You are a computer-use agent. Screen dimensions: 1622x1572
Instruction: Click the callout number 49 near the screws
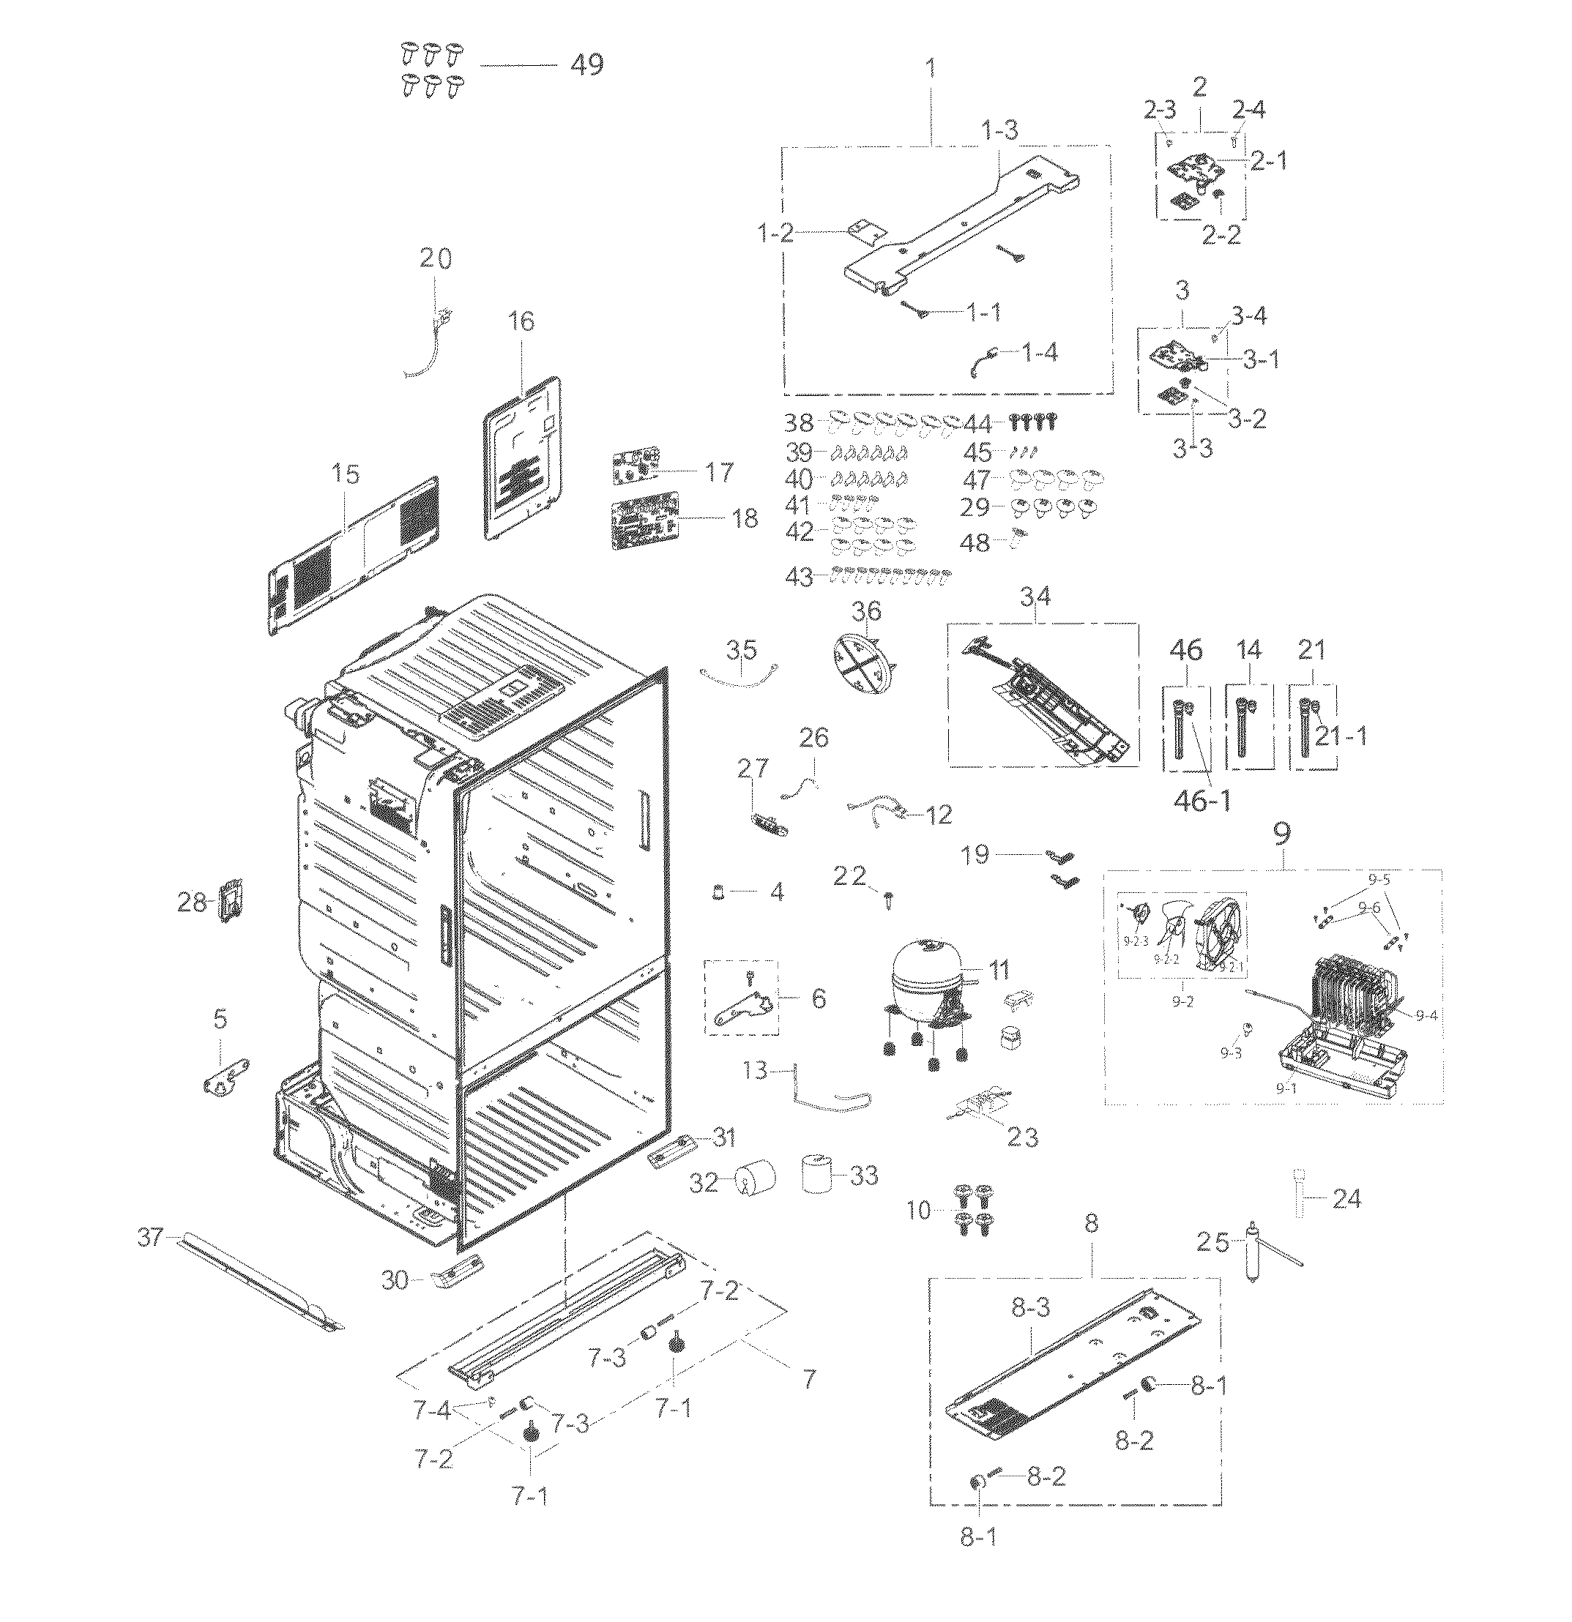point(587,64)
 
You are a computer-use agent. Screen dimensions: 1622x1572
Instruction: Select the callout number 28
point(192,901)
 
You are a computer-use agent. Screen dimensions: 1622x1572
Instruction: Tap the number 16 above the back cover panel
point(521,321)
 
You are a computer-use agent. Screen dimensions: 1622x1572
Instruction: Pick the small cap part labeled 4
point(718,892)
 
